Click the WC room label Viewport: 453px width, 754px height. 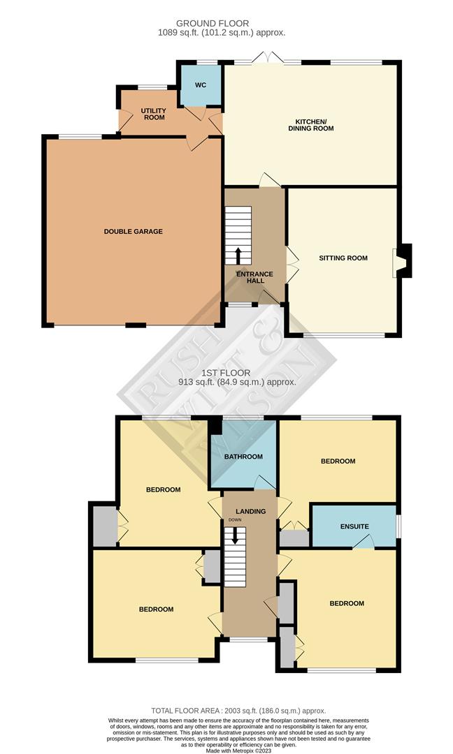(x=201, y=85)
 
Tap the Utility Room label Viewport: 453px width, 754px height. (x=153, y=114)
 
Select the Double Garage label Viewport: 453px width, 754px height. (x=134, y=231)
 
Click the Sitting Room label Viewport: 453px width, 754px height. (x=343, y=258)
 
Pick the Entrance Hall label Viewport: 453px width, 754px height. (x=254, y=278)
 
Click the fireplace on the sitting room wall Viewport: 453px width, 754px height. (x=403, y=260)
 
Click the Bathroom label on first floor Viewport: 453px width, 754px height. (x=243, y=457)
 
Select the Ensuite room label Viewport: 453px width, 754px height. (x=354, y=526)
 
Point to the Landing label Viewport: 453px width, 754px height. (x=250, y=512)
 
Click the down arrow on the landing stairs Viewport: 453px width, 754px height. (x=235, y=535)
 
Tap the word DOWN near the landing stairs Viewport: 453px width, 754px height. (x=233, y=520)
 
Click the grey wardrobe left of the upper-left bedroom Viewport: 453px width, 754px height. (x=103, y=524)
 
